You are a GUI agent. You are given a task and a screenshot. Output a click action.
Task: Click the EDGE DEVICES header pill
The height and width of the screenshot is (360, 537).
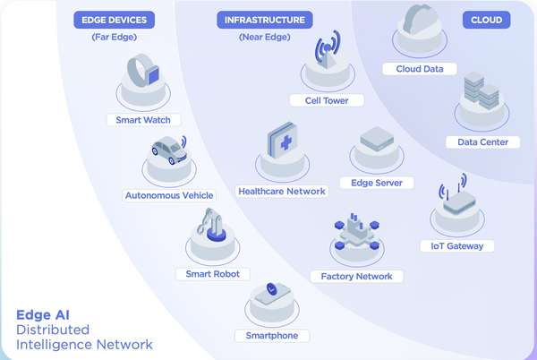[114, 19]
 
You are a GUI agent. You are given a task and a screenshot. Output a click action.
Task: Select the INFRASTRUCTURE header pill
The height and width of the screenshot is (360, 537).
[263, 19]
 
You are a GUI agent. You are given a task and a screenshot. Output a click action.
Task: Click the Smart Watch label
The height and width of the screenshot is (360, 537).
[143, 119]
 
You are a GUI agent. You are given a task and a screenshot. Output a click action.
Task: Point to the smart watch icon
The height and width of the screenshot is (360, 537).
[142, 72]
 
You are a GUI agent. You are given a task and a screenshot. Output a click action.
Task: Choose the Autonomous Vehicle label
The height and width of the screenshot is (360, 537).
[168, 194]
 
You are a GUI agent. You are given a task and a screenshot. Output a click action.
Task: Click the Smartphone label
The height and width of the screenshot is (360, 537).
[271, 335]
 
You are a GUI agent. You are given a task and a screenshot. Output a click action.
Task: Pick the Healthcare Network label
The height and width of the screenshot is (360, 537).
[283, 191]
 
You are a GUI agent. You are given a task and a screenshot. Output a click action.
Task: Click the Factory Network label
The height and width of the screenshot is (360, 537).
[356, 276]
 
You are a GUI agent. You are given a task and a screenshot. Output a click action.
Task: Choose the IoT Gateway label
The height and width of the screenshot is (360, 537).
[456, 245]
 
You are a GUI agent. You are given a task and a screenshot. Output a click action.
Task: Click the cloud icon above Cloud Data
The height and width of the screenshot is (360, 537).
[419, 20]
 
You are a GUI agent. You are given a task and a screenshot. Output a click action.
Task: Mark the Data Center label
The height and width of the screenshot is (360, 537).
[483, 141]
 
